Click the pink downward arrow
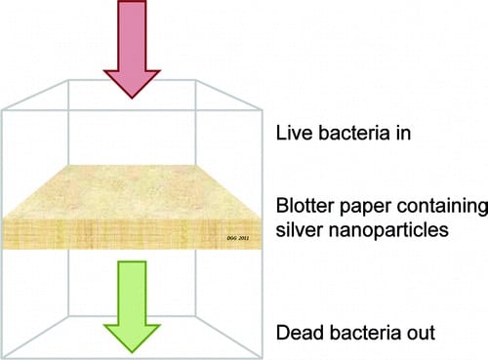click(132, 49)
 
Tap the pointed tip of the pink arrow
click(132, 99)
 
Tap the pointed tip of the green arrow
click(132, 353)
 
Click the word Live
click(295, 133)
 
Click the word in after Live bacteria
click(403, 133)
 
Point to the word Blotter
click(305, 206)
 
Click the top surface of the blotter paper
click(132, 191)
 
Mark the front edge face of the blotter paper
click(132, 233)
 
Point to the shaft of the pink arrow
click(132, 35)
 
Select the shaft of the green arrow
click(132, 293)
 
